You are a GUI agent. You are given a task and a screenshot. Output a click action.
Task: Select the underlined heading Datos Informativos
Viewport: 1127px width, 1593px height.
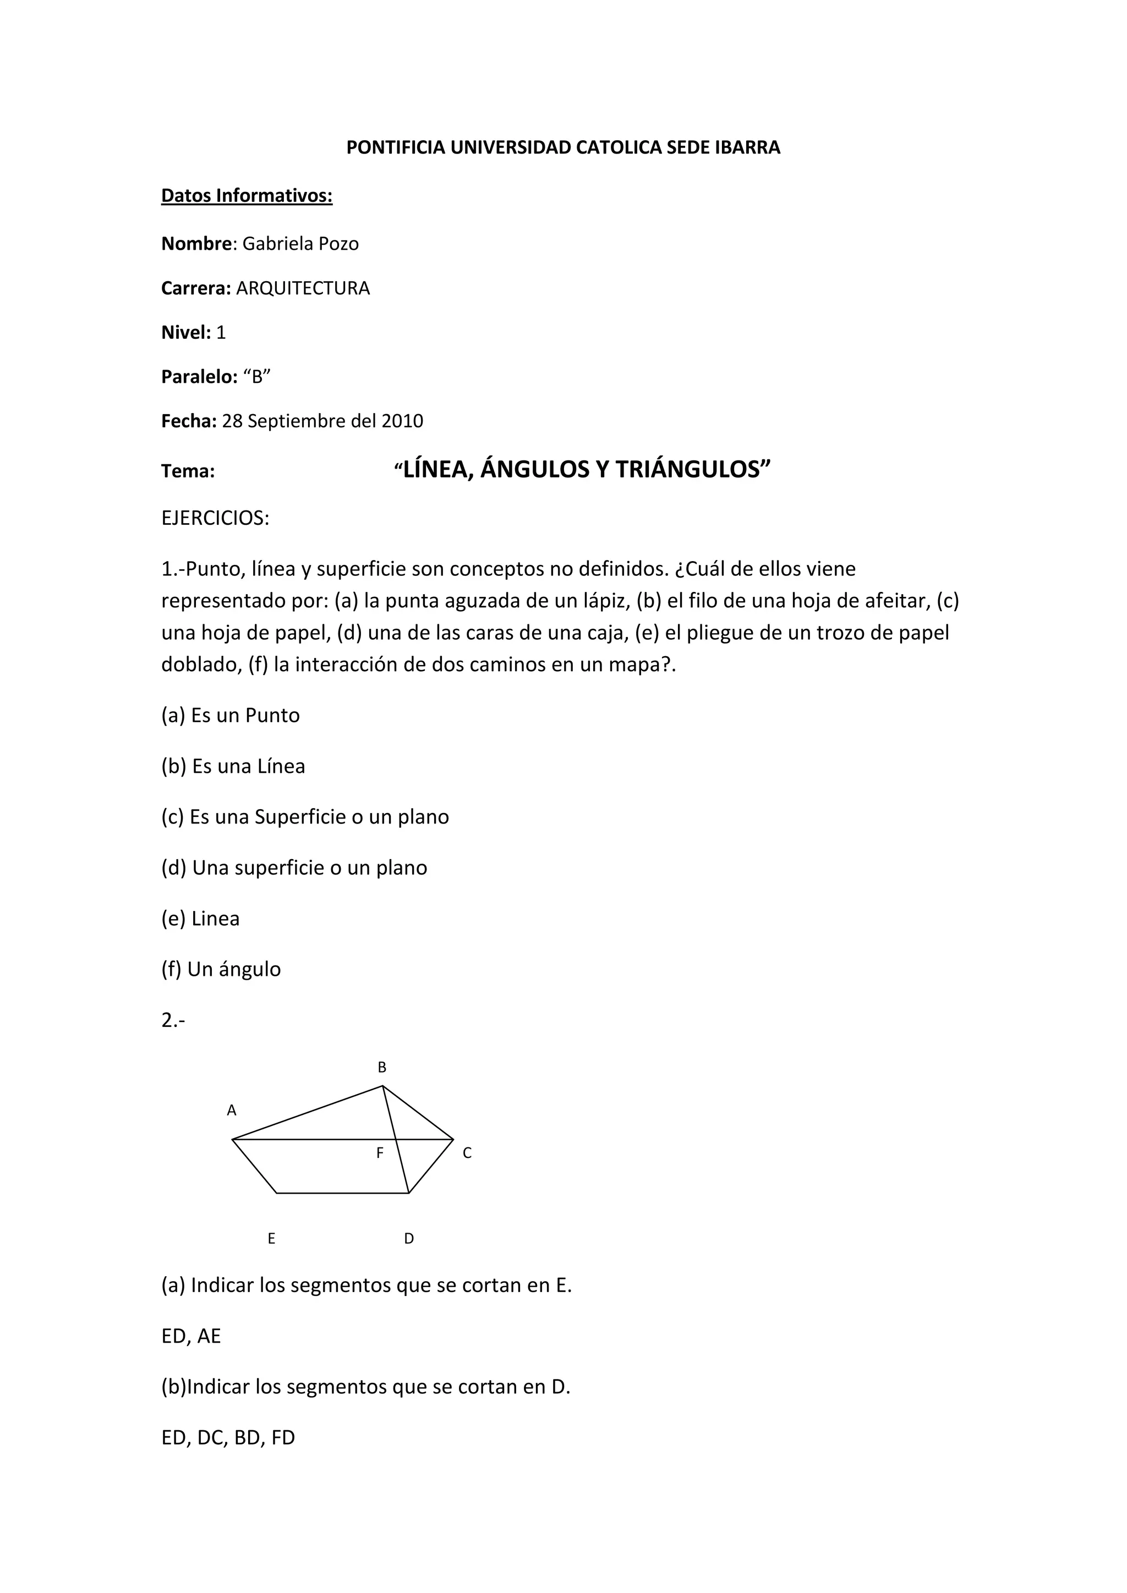(x=247, y=196)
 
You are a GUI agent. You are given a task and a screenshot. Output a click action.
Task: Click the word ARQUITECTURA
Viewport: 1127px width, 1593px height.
(x=303, y=289)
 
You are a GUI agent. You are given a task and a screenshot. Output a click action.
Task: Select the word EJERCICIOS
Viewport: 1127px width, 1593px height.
(x=215, y=518)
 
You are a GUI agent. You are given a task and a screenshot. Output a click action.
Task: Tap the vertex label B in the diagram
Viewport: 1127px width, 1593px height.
(x=382, y=1068)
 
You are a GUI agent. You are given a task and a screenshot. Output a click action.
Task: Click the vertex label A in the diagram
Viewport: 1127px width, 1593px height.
(x=232, y=1111)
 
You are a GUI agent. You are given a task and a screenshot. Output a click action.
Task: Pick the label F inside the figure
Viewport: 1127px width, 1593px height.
(x=380, y=1153)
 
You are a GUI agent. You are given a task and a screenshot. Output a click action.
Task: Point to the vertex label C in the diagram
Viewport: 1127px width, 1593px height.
(x=467, y=1153)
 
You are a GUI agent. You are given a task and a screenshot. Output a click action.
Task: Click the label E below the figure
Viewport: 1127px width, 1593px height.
(x=271, y=1238)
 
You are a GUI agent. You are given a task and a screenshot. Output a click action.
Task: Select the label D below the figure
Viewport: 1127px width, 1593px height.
(x=409, y=1238)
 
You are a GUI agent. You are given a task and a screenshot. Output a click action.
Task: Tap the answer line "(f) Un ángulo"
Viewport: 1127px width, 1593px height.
(x=221, y=969)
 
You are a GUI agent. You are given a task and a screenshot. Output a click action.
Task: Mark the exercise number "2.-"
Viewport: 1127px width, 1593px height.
(x=173, y=1020)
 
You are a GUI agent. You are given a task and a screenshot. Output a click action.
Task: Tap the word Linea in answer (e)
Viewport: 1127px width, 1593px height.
(x=215, y=919)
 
